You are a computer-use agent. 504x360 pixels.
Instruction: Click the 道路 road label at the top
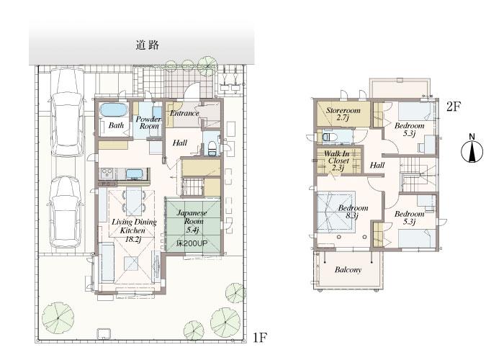tap(147, 45)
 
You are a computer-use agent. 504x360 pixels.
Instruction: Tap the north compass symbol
tap(471, 150)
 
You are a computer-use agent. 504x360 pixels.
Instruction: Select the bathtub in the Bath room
tap(112, 110)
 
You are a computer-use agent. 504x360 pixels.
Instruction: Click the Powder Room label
tap(148, 122)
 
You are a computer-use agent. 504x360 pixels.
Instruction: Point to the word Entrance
tap(184, 113)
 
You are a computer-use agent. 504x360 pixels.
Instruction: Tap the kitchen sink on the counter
tap(135, 174)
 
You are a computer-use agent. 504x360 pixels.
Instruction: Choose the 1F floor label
tap(261, 336)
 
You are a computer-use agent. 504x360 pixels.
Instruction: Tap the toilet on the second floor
tap(328, 136)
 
